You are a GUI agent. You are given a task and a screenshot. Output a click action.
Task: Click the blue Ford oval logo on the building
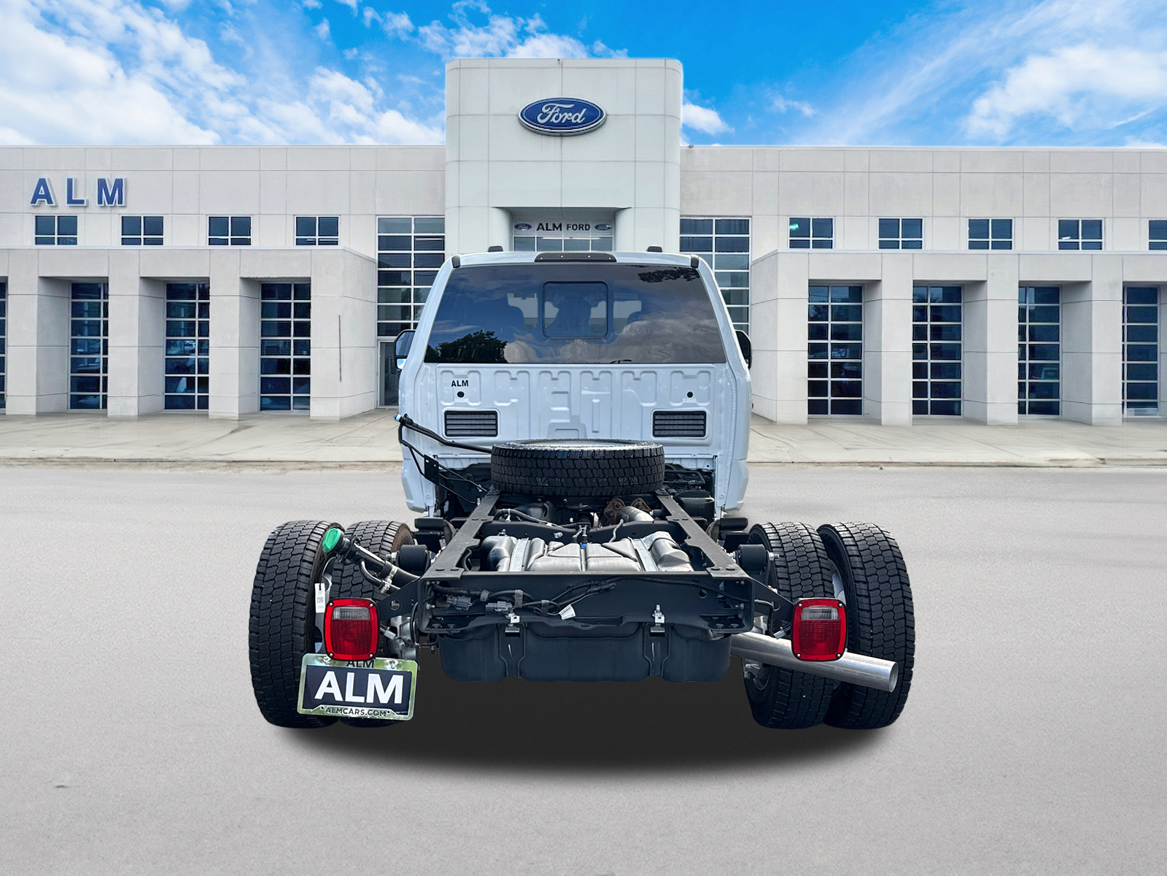tap(562, 116)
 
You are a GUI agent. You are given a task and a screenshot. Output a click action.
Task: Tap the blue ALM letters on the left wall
tap(77, 193)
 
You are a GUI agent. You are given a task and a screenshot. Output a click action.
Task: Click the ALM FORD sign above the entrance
tap(562, 227)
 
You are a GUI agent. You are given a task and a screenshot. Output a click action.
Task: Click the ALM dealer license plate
tap(358, 687)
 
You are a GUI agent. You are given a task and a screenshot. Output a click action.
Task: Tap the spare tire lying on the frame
tap(577, 468)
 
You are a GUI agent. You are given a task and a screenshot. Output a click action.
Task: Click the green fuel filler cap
tap(333, 541)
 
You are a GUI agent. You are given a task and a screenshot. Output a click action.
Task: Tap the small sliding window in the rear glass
tap(575, 310)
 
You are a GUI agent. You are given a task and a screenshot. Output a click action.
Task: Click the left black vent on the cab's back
tap(470, 423)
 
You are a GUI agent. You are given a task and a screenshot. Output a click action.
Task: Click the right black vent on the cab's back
tap(679, 423)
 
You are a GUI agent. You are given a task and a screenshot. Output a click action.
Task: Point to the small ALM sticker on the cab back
tap(460, 383)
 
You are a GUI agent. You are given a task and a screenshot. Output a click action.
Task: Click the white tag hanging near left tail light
tap(319, 596)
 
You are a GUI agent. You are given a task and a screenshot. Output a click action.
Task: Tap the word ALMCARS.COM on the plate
tap(356, 712)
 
